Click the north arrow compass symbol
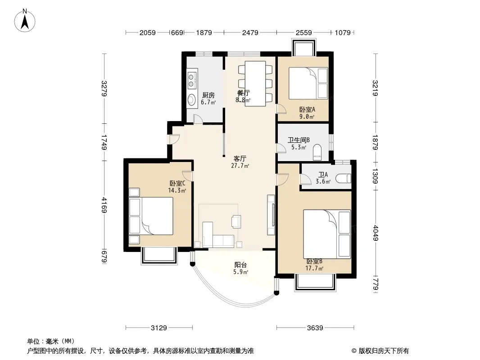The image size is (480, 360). click(x=25, y=21)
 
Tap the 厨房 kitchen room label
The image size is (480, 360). click(x=208, y=95)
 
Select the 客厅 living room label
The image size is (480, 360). click(x=240, y=159)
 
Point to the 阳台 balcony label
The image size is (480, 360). click(x=240, y=265)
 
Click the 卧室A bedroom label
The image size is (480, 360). click(x=307, y=109)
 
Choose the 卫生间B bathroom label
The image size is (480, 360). click(x=299, y=140)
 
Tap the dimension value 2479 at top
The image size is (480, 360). click(x=250, y=32)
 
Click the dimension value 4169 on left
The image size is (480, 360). click(x=104, y=205)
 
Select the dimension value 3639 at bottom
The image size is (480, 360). click(x=315, y=328)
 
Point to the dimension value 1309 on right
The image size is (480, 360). click(x=375, y=176)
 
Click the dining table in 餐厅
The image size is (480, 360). click(x=255, y=84)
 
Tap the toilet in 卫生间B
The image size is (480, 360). click(x=317, y=152)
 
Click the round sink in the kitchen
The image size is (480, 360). click(x=192, y=99)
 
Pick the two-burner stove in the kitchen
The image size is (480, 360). click(x=192, y=80)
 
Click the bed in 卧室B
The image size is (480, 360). click(x=327, y=234)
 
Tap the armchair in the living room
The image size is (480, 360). click(x=236, y=221)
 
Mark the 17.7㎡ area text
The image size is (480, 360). click(x=314, y=269)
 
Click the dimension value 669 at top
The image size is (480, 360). click(x=177, y=32)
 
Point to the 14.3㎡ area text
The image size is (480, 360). click(x=177, y=190)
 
